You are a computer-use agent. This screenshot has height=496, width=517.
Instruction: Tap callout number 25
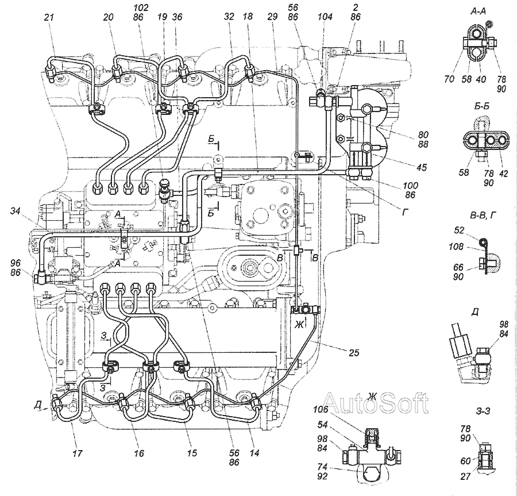pyautogui.click(x=353, y=352)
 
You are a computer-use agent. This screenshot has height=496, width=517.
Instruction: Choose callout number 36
pyautogui.click(x=178, y=18)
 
